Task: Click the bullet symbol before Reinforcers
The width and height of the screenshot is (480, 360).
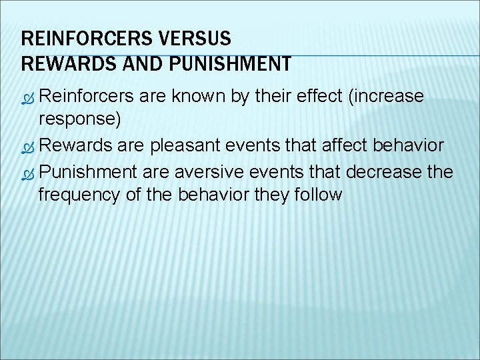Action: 28,97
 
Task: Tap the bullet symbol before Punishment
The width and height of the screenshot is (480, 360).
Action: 28,173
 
